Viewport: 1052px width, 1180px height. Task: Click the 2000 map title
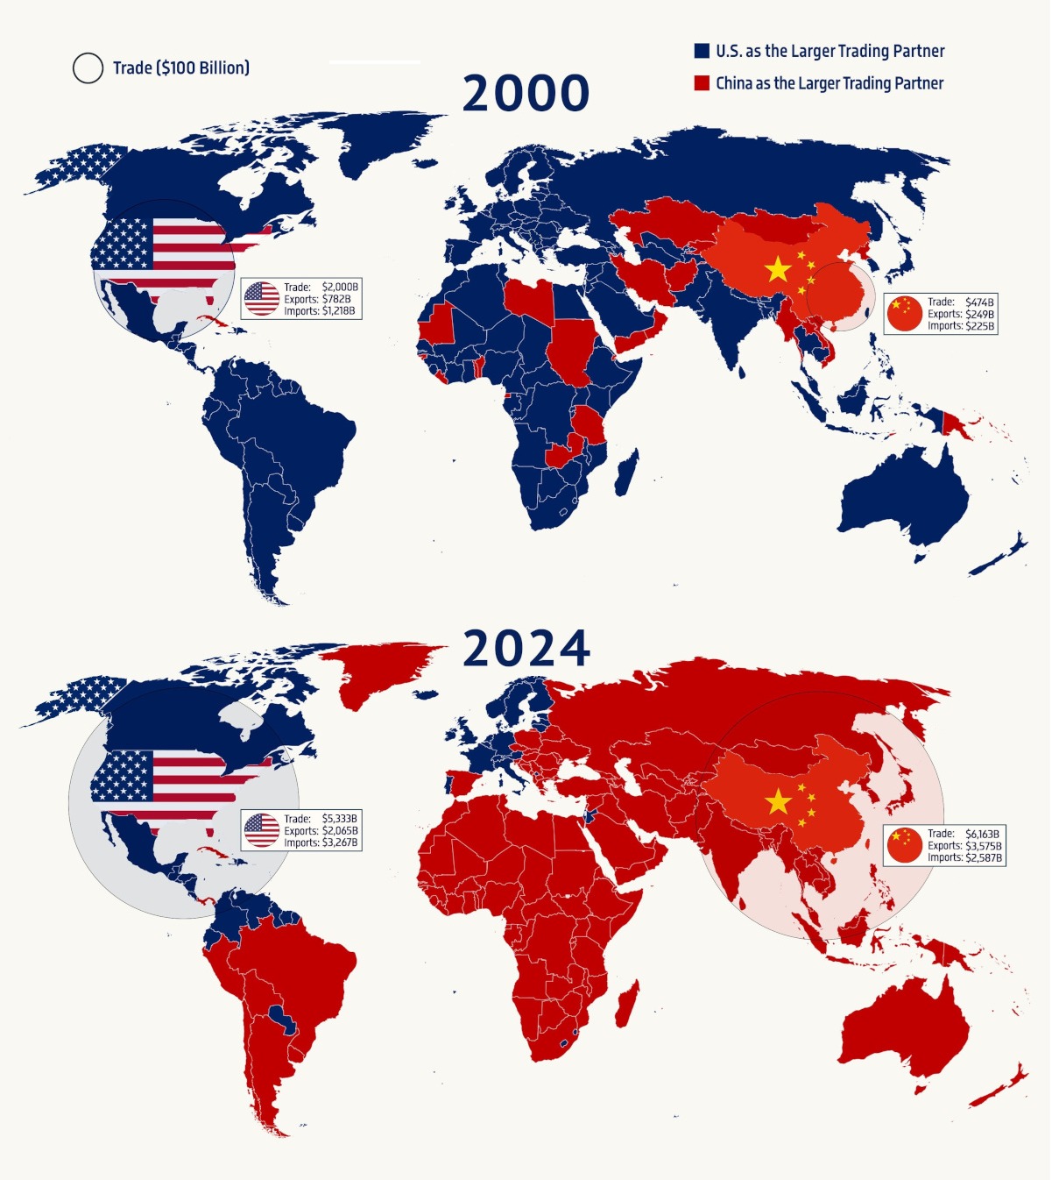[x=526, y=93]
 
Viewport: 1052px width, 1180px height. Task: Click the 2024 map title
[x=526, y=649]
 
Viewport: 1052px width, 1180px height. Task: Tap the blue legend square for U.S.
[x=702, y=51]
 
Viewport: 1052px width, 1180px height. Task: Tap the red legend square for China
[x=702, y=83]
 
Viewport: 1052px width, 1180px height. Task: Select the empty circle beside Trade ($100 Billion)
[x=88, y=68]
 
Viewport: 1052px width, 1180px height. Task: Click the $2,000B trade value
[x=340, y=288]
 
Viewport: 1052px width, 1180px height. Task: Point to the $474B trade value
[x=979, y=302]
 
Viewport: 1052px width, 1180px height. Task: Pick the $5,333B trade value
[x=340, y=819]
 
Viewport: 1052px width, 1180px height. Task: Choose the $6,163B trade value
[x=982, y=834]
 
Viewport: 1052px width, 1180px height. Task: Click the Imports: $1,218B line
[x=321, y=311]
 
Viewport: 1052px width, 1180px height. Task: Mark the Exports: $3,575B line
[x=964, y=846]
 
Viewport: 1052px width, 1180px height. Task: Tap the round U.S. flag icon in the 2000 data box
[x=261, y=299]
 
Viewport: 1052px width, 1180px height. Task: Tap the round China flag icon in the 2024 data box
[x=905, y=845]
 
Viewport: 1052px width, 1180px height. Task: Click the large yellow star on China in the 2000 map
[x=778, y=269]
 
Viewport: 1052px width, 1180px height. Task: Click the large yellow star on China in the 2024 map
[x=778, y=801]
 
